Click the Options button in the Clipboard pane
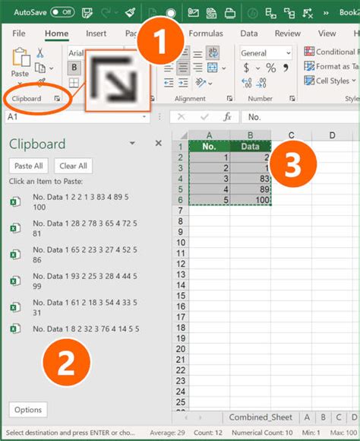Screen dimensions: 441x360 tap(28, 410)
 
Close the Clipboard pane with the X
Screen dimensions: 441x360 tap(158, 143)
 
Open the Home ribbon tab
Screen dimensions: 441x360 tap(56, 33)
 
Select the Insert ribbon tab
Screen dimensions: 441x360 tap(96, 33)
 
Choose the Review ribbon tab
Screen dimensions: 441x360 tap(287, 33)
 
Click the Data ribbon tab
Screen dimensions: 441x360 tap(249, 33)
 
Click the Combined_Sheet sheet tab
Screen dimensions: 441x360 tap(261, 417)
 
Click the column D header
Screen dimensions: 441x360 tap(333, 135)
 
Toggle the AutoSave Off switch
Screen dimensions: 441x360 tap(62, 12)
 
